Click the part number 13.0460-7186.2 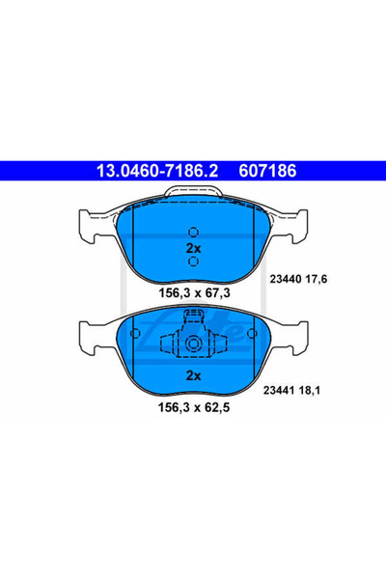pyautogui.click(x=157, y=171)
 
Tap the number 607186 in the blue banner pyautogui.click(x=267, y=171)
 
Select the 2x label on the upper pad pyautogui.click(x=193, y=249)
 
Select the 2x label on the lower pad pyautogui.click(x=193, y=375)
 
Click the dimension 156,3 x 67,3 pyautogui.click(x=194, y=292)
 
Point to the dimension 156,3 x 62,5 pyautogui.click(x=194, y=407)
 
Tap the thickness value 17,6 pyautogui.click(x=317, y=279)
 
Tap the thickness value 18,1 pyautogui.click(x=310, y=390)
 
